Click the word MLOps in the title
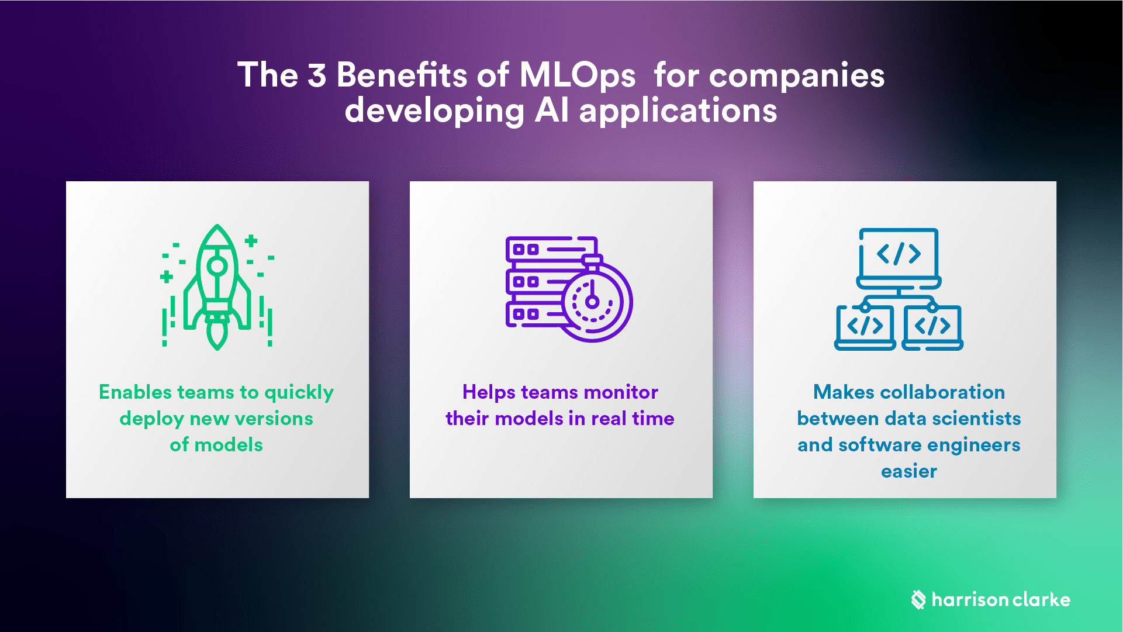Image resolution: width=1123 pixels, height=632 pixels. tap(577, 76)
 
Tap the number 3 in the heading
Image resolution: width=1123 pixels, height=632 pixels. tap(316, 76)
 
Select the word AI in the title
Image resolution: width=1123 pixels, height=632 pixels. tap(551, 110)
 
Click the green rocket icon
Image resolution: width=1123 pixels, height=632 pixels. tap(217, 286)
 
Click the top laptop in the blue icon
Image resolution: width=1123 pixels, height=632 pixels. tap(899, 257)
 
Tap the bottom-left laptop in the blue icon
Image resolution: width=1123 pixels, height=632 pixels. tap(865, 327)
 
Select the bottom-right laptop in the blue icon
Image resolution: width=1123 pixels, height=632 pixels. tap(932, 327)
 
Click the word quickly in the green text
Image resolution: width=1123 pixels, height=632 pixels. tap(299, 392)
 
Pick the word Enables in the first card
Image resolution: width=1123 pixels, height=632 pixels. tap(135, 392)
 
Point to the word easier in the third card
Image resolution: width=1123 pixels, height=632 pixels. tap(908, 471)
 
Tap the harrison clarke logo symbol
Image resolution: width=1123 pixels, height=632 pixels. tap(918, 599)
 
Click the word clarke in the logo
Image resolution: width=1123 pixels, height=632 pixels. tap(1041, 599)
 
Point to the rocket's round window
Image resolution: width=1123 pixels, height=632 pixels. tap(217, 266)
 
